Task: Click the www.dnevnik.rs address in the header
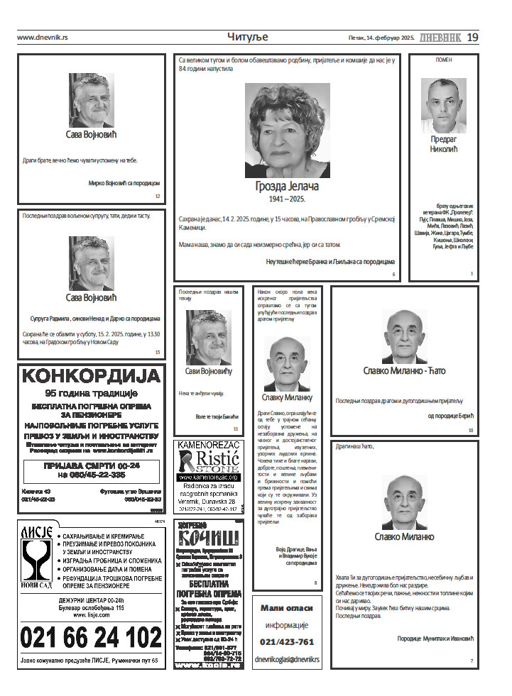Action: pos(43,38)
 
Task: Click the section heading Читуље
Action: pos(248,37)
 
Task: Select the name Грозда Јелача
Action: pos(287,186)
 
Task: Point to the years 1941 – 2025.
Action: pos(287,199)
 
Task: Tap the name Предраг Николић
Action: pos(444,144)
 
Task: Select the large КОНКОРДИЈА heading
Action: pos(92,376)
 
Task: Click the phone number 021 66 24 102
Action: pos(92,637)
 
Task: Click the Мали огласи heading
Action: pos(287,608)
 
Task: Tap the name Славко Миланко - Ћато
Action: pos(404,370)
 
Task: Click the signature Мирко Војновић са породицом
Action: pos(124,183)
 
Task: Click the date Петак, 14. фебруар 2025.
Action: pos(381,38)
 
